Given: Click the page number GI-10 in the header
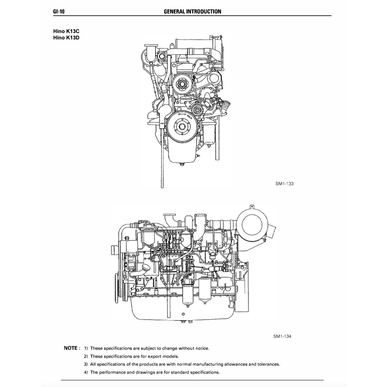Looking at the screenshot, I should point(59,11).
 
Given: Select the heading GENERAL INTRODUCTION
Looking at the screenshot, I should point(192,11).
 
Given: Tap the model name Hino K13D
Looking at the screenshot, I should point(66,38).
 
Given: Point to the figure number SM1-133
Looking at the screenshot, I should point(284,184).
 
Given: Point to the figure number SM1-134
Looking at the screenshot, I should point(282,336).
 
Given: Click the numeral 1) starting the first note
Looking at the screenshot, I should point(86,348).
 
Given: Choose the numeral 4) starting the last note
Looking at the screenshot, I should point(86,372).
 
